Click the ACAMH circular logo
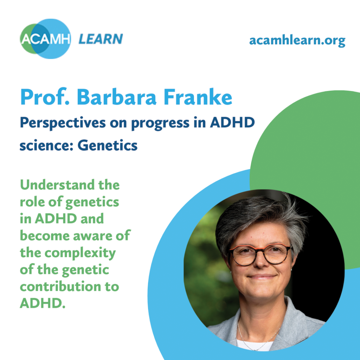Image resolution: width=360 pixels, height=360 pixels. pos(45,39)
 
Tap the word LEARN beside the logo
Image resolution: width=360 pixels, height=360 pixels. pos(101,39)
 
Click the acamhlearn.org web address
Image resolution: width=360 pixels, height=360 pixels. pos(297,41)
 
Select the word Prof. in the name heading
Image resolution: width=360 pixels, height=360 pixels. pos(45,97)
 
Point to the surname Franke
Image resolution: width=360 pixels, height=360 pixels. pos(198,97)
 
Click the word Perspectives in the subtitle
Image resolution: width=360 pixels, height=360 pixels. pos(63,123)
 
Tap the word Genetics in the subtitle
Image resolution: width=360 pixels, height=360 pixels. pos(108,146)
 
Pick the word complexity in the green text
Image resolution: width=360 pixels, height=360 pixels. pos(80,253)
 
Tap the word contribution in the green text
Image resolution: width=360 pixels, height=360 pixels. pos(60,287)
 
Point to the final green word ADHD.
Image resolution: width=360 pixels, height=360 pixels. pos(43,303)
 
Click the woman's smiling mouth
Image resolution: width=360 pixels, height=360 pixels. pos(262,277)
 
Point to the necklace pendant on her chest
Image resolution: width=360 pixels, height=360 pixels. pos(255,349)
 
